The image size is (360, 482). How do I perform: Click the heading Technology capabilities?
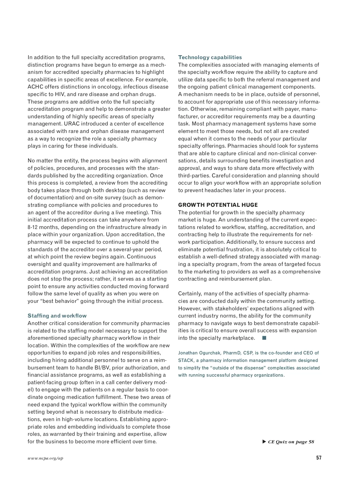coord(210,57)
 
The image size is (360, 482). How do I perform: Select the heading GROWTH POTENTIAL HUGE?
coord(218,205)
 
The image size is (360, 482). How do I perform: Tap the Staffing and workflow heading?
coord(57,316)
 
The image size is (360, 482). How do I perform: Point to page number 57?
coord(319,458)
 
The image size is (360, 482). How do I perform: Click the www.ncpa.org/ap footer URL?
coord(45,458)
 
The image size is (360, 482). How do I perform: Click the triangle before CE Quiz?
coord(264,441)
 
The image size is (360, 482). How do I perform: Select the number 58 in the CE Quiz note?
coord(311,442)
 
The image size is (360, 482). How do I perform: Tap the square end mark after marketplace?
coord(264,338)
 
